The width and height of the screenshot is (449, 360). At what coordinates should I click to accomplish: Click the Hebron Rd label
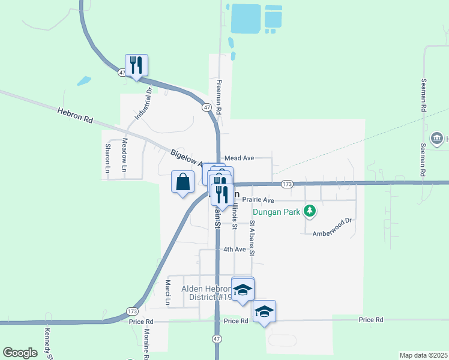click(75, 115)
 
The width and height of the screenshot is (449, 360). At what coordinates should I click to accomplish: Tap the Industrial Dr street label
click(140, 103)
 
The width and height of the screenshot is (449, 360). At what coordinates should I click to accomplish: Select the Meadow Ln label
click(125, 155)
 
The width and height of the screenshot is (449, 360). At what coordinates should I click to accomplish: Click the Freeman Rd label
click(220, 97)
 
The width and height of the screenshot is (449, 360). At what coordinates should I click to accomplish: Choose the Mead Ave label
click(240, 158)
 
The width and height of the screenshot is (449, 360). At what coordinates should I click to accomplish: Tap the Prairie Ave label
click(258, 200)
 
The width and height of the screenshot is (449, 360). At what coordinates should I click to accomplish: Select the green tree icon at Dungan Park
click(310, 210)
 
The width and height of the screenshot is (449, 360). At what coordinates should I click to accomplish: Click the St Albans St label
click(253, 239)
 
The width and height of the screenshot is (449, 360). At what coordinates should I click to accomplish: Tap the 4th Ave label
click(234, 249)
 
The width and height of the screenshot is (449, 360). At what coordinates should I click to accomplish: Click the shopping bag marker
click(182, 181)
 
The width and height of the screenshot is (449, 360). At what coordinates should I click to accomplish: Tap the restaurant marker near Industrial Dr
click(136, 65)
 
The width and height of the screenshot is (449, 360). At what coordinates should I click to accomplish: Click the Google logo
click(20, 353)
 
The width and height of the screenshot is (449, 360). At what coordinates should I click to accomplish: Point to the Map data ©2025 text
click(423, 355)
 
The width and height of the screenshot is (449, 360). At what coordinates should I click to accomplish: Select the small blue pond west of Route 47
click(84, 80)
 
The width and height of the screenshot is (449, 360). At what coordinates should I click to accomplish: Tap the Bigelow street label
click(186, 156)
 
